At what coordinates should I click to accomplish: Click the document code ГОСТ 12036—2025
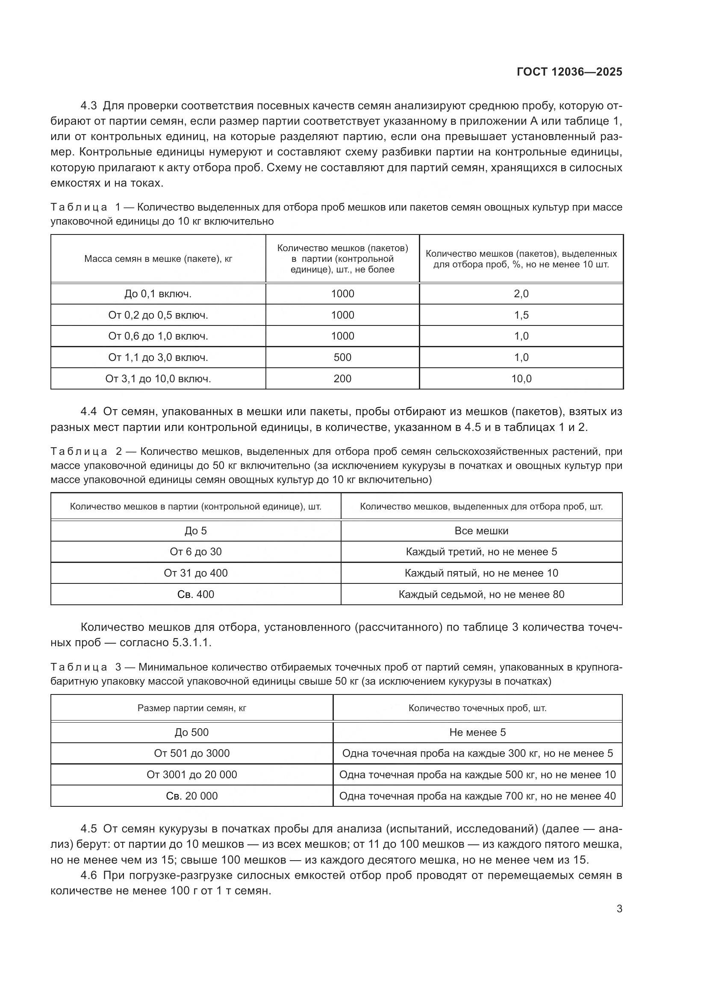point(569,72)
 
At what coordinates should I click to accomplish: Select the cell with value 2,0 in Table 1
point(521,294)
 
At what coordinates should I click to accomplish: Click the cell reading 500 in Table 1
point(342,357)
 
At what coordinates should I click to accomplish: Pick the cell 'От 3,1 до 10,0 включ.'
point(158,378)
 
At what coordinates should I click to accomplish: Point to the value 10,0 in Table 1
point(521,378)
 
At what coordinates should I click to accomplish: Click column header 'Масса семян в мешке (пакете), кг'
point(158,259)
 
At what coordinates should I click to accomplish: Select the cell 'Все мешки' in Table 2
point(481,531)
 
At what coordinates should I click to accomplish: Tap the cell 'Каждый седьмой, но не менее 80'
point(481,595)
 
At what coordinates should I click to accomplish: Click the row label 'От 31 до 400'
point(195,573)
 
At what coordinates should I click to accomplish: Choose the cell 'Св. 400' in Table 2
point(195,595)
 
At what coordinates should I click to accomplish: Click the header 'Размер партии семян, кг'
point(191,708)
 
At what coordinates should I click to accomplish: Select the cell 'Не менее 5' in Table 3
point(477,732)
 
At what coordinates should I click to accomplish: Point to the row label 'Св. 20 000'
point(191,796)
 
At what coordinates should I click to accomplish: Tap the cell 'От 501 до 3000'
point(191,753)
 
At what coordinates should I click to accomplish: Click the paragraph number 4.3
point(88,106)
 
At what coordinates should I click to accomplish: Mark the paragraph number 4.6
point(88,875)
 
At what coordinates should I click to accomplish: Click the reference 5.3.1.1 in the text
point(191,642)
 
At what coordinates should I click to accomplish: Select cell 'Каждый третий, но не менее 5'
point(481,552)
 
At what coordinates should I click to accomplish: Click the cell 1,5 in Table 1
point(521,315)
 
